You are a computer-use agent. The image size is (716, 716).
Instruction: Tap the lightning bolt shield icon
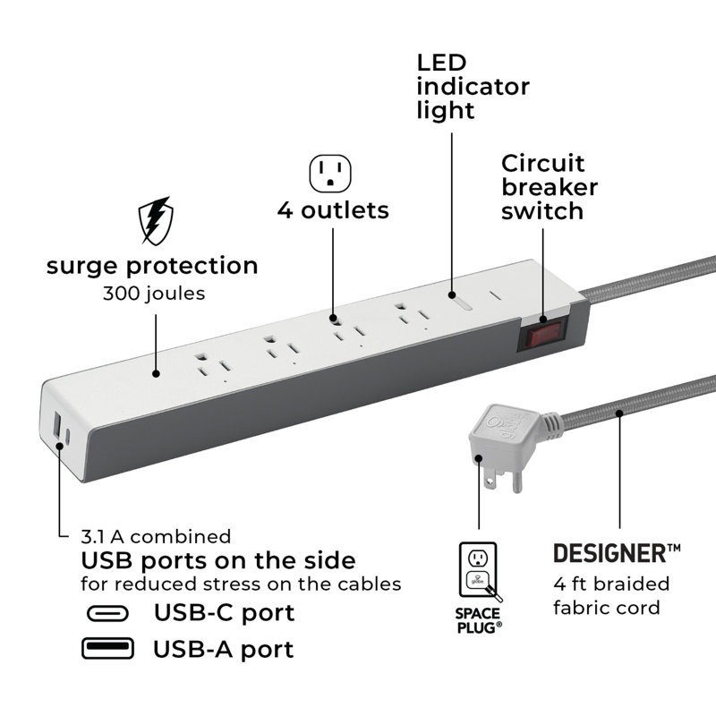156,221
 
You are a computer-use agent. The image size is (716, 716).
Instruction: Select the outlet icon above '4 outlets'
330,174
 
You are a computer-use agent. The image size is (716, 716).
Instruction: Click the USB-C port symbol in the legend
107,613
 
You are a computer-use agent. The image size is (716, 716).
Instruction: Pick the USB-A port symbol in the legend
107,648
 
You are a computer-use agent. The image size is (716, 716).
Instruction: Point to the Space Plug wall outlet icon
479,571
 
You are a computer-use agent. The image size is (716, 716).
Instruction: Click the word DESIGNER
610,553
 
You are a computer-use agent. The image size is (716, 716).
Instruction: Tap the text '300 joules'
154,294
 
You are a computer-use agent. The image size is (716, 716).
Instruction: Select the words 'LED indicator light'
473,87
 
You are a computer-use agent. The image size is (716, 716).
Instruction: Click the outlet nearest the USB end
212,366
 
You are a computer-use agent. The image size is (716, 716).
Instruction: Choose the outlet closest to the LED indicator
413,315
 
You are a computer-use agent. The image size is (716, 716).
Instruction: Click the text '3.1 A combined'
156,536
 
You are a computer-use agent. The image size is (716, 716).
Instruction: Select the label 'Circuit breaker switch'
550,187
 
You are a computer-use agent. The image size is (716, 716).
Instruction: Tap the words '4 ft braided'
611,584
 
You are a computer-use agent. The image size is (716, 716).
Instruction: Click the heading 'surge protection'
152,266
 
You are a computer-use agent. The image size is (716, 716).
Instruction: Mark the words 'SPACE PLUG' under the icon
479,620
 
